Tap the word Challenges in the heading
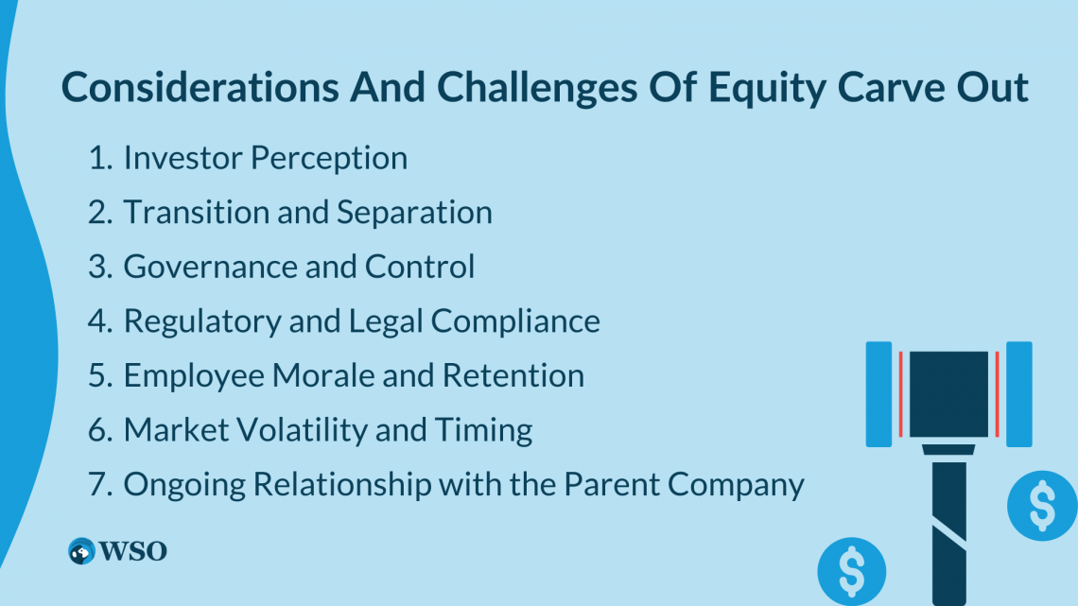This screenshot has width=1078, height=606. (537, 88)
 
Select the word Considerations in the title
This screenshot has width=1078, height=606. (200, 87)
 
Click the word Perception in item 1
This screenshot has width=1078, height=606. (329, 159)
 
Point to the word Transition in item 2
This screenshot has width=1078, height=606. (196, 212)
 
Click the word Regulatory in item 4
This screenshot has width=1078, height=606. (201, 321)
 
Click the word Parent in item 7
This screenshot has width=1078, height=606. (611, 484)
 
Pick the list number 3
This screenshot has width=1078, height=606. (99, 267)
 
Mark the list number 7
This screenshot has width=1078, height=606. (99, 484)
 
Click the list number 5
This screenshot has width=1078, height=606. (99, 375)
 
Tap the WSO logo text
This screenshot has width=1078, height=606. (132, 551)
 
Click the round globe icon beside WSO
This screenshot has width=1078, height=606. (81, 551)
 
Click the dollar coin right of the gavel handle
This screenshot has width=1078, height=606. (1042, 506)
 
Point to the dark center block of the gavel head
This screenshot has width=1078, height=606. (948, 394)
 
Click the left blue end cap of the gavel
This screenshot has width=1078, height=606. (878, 394)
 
